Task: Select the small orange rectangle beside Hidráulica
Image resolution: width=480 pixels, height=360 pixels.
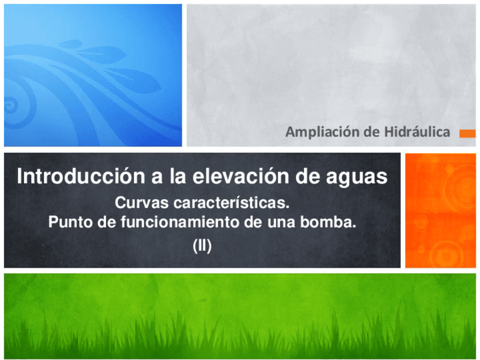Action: click(467, 134)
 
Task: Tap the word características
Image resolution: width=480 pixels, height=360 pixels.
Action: click(236, 202)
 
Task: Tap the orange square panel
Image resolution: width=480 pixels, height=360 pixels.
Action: click(440, 210)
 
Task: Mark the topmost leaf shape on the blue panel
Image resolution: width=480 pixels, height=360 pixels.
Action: click(69, 44)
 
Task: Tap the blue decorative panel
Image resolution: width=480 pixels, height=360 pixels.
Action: click(93, 75)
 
